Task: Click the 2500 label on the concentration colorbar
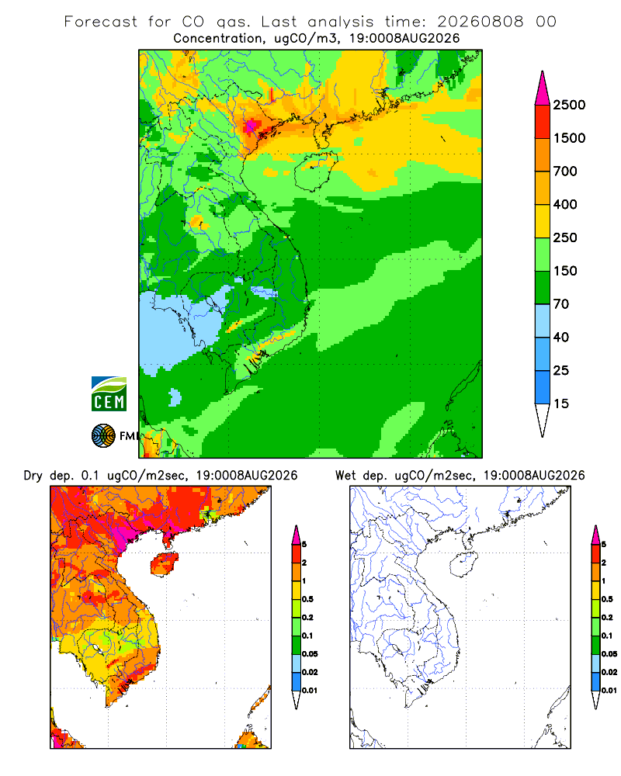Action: (569, 105)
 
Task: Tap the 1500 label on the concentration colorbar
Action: (569, 138)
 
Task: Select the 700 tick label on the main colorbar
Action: (565, 171)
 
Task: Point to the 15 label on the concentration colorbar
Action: (561, 404)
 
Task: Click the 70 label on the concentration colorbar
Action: (561, 304)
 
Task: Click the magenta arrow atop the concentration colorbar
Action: (543, 88)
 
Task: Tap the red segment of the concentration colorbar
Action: (543, 122)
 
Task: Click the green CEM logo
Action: (109, 394)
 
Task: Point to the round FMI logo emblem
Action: (103, 436)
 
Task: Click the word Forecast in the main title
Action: (101, 22)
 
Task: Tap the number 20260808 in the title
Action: (480, 22)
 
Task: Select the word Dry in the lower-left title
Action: (33, 476)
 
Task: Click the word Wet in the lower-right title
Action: (345, 476)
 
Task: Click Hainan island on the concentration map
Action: (315, 171)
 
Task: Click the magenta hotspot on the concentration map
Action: (252, 126)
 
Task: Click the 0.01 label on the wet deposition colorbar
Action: (609, 691)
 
